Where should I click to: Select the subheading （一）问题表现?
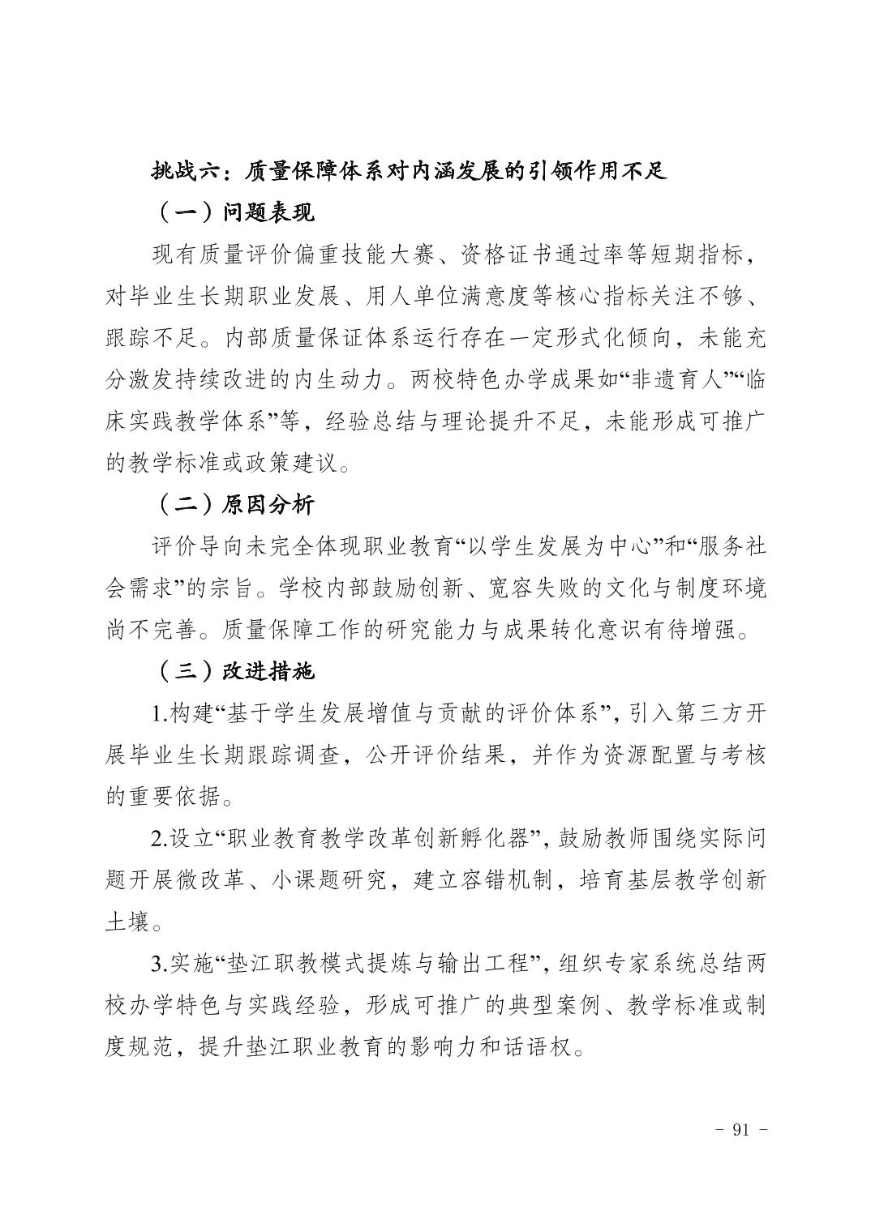pyautogui.click(x=234, y=213)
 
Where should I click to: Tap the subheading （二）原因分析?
pyautogui.click(x=234, y=504)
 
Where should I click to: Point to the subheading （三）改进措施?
pyautogui.click(x=234, y=671)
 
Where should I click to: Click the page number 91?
pyautogui.click(x=740, y=1131)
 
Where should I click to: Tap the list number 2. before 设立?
pyautogui.click(x=160, y=838)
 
